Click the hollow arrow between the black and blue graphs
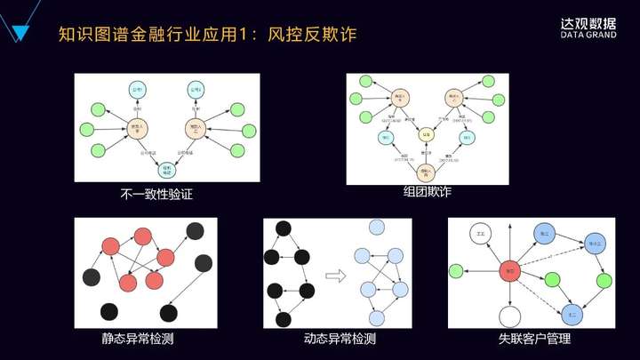click(334, 276)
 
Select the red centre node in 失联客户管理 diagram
click(509, 269)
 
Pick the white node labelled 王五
click(483, 235)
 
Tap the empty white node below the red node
click(509, 315)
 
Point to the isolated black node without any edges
click(108, 311)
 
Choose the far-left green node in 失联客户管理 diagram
click(456, 269)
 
